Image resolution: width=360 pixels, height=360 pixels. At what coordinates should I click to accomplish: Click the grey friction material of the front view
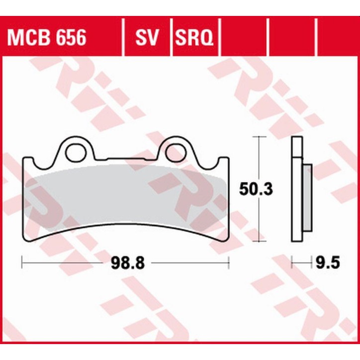(124, 199)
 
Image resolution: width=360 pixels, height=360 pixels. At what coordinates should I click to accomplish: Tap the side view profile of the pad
(297, 189)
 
